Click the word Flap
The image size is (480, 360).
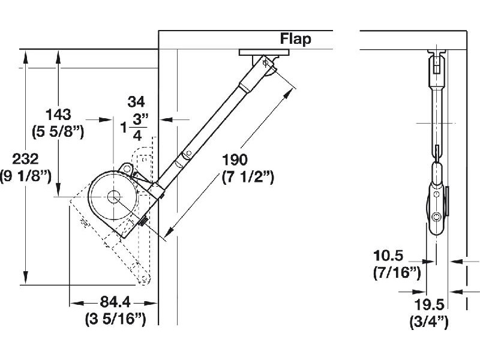point(296,40)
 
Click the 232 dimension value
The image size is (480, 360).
point(26,160)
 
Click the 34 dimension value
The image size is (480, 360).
point(137,101)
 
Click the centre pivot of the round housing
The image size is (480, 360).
point(113,196)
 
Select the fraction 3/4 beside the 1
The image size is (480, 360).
point(137,126)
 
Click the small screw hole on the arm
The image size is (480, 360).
point(188,155)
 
